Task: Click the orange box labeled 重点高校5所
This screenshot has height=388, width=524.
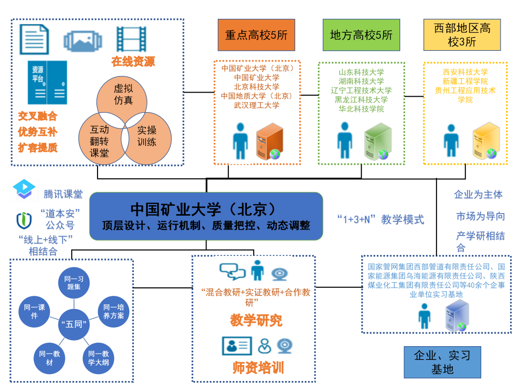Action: point(256,35)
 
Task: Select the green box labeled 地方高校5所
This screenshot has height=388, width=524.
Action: point(361,35)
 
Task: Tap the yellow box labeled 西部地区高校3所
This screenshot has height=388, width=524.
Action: point(462,35)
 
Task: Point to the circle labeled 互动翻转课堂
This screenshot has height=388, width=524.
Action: point(100,140)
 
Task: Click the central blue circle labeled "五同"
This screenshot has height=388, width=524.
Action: point(74,323)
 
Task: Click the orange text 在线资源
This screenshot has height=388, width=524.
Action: point(133,62)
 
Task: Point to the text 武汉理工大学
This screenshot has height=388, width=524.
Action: point(256,105)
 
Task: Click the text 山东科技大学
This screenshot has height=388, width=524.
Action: point(361,72)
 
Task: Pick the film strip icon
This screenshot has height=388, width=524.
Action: point(131,38)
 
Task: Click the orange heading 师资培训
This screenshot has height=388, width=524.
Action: point(258,368)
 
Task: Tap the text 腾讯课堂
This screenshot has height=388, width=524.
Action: point(63,194)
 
